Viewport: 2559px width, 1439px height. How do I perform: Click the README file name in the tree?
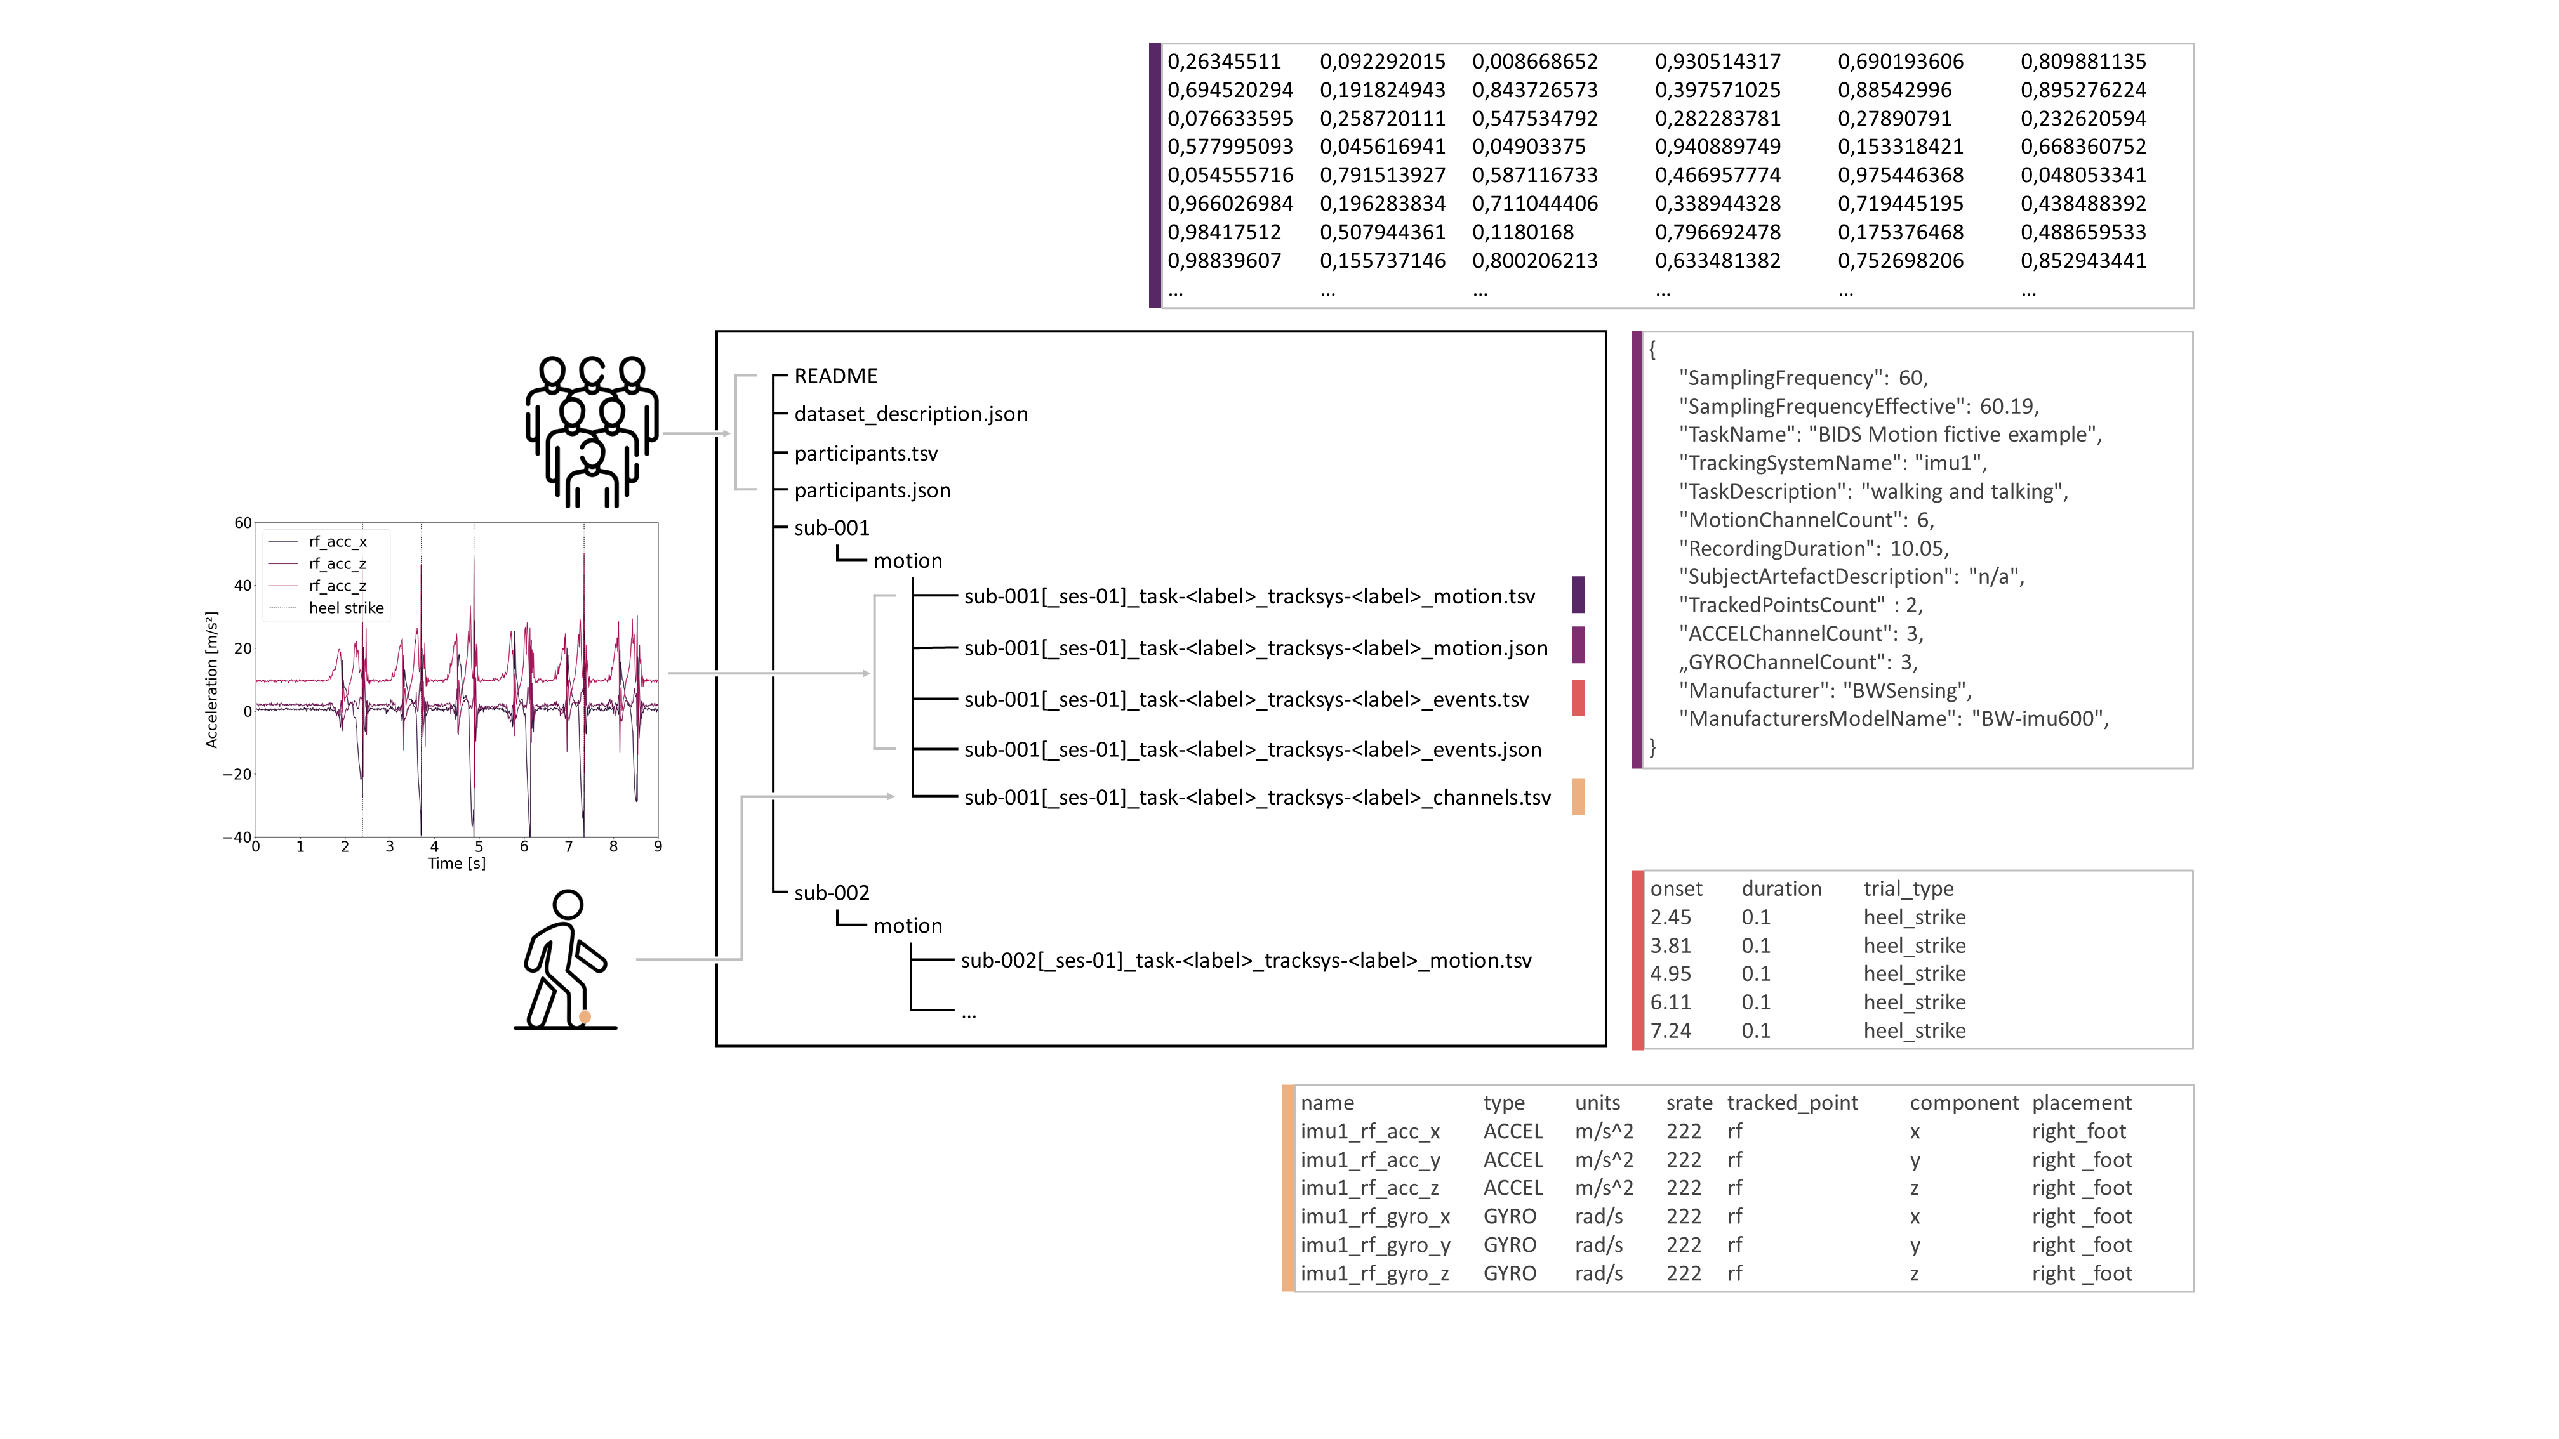pos(835,376)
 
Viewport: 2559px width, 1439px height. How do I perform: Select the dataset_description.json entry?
pos(911,414)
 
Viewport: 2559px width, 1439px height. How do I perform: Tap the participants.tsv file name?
pos(865,454)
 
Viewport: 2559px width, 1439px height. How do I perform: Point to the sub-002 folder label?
pos(832,893)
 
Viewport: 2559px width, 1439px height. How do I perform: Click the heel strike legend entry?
pos(346,608)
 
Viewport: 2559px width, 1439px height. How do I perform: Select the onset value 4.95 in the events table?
pos(1670,974)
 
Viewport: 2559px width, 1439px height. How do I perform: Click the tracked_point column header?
pos(1792,1102)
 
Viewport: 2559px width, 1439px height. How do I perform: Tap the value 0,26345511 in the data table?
pos(1224,62)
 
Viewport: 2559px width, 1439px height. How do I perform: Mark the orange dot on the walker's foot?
pos(585,1017)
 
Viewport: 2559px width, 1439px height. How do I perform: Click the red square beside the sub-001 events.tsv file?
pos(1578,698)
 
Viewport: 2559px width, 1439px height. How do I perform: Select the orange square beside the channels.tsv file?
pos(1578,796)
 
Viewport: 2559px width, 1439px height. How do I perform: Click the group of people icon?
pos(592,432)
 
